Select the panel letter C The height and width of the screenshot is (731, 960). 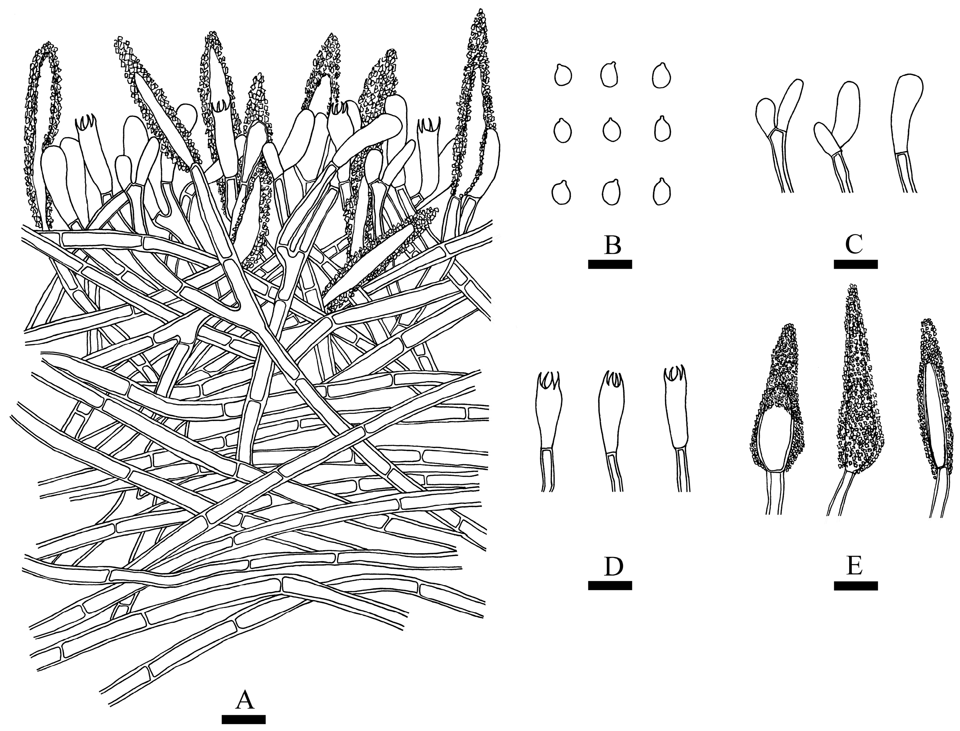pos(854,246)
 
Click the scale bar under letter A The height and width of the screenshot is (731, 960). pos(243,719)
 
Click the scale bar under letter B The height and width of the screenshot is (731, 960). pos(610,265)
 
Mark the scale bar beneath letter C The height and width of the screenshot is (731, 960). pos(856,265)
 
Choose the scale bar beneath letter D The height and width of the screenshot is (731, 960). pos(610,586)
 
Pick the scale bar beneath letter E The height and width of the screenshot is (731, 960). pos(856,586)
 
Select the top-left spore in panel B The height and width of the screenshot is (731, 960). pos(563,75)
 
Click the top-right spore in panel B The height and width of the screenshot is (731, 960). pos(662,75)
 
